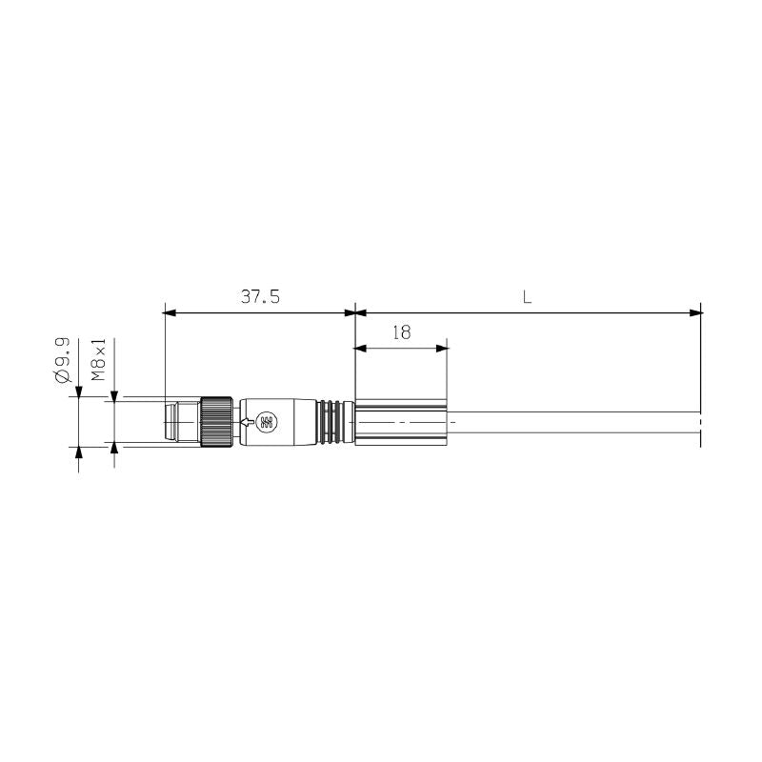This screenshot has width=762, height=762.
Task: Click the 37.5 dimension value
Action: pyautogui.click(x=259, y=296)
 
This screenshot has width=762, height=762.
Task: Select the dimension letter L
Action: pyautogui.click(x=527, y=296)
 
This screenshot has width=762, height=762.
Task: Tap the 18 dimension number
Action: pyautogui.click(x=401, y=332)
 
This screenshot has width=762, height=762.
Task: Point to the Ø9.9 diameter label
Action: pyautogui.click(x=64, y=359)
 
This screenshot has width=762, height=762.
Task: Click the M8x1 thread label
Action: pyautogui.click(x=98, y=359)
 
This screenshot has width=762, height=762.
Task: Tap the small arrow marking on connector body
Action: pyautogui.click(x=248, y=422)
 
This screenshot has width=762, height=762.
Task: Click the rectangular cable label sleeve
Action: pyautogui.click(x=400, y=421)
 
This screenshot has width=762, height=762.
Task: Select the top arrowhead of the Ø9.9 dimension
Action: pyautogui.click(x=78, y=391)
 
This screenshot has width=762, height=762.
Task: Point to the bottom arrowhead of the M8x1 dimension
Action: pyautogui.click(x=115, y=450)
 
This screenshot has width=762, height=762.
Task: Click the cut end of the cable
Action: pyautogui.click(x=699, y=422)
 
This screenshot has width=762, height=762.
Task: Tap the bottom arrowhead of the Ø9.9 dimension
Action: pyautogui.click(x=78, y=452)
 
